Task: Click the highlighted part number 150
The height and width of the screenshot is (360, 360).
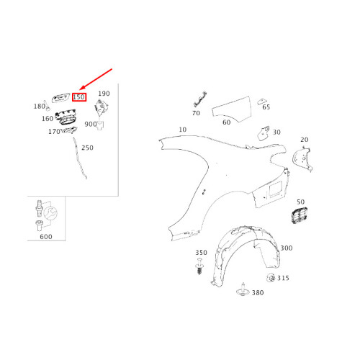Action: point(79,96)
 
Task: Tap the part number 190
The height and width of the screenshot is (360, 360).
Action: point(104,94)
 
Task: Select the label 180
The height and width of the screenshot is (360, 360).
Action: point(39,107)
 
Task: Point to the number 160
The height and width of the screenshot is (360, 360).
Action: point(47,119)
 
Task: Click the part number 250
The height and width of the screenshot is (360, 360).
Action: point(87,148)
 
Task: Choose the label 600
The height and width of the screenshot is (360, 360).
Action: point(45,236)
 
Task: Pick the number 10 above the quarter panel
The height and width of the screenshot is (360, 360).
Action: point(182,130)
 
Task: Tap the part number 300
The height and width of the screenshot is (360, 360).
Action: point(286,248)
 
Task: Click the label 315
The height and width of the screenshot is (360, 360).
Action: point(283,278)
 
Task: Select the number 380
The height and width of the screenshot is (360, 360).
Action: point(257,292)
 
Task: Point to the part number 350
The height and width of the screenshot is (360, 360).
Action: point(201,253)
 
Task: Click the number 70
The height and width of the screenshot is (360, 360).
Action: point(196,113)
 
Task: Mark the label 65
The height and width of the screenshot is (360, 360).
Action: point(266,107)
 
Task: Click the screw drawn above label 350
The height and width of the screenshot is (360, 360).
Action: point(201,271)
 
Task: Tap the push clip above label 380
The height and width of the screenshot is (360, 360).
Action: point(243,290)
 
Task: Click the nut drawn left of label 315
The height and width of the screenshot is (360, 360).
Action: point(269,278)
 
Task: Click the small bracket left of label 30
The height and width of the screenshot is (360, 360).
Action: point(264,132)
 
